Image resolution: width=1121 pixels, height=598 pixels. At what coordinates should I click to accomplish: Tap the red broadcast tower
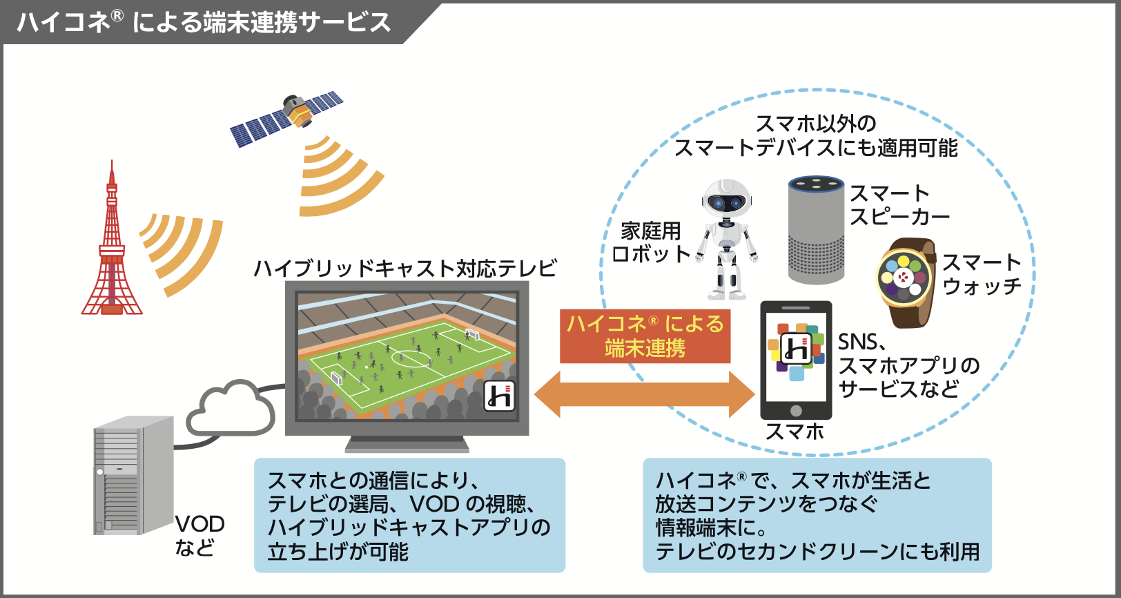pos(112,249)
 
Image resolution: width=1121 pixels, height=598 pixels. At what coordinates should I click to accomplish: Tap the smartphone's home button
pos(796,411)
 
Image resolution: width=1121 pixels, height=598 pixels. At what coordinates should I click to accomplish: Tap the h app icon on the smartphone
pos(796,350)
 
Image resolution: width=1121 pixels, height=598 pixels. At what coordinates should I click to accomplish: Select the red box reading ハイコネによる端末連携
pos(645,336)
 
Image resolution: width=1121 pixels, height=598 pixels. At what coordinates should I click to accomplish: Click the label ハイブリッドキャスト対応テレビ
pos(405,268)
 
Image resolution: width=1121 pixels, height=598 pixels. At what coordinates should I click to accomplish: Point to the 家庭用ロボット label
pos(650,242)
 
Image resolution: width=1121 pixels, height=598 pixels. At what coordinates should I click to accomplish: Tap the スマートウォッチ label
pos(982,274)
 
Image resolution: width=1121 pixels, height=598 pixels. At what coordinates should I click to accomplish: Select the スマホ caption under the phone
pos(795,432)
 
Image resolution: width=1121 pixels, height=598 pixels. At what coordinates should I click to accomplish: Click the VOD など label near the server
pos(199,535)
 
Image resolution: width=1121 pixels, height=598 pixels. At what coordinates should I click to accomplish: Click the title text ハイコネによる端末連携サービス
pos(204,23)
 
